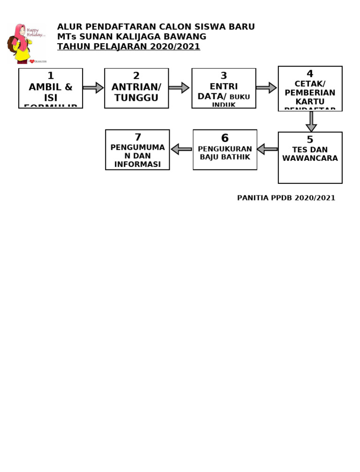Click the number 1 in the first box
[x=51, y=76]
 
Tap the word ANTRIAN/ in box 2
[x=136, y=87]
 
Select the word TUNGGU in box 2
[x=136, y=98]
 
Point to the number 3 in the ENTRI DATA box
[x=224, y=76]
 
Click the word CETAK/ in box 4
[x=310, y=84]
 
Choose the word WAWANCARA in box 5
[x=310, y=159]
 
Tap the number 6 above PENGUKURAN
[x=225, y=138]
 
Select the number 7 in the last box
[x=138, y=137]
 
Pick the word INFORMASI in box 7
[x=137, y=164]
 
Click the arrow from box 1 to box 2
[x=93, y=88]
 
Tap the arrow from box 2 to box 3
[x=179, y=88]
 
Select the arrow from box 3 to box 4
[x=266, y=88]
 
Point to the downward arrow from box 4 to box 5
[x=311, y=122]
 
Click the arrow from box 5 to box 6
[x=267, y=149]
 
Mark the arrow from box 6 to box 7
[x=181, y=149]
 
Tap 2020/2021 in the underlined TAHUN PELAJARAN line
[x=175, y=46]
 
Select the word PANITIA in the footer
[x=253, y=198]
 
